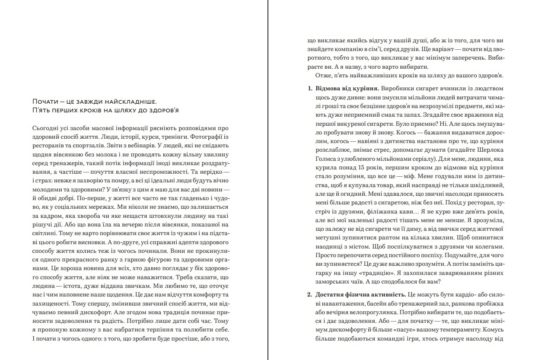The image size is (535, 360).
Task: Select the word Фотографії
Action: pyautogui.click(x=209, y=138)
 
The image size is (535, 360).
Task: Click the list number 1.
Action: pyautogui.click(x=309, y=89)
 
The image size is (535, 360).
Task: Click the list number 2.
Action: pyautogui.click(x=309, y=295)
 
